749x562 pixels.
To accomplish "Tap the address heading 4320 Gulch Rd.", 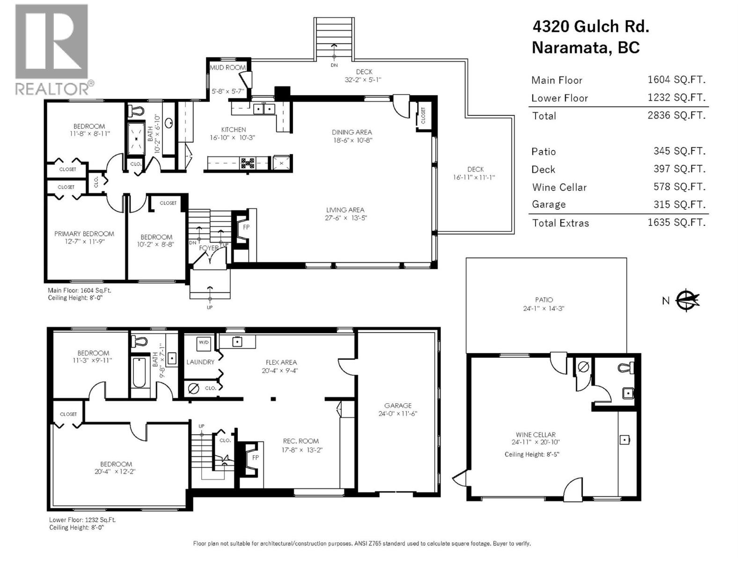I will click(590, 26).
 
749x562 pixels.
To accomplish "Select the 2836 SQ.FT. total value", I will click(676, 115).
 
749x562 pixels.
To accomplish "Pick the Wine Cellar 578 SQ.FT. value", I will click(679, 187).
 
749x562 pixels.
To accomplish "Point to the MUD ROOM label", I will click(228, 67).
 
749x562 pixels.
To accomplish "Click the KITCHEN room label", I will click(233, 130).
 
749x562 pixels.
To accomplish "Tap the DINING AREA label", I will click(352, 133).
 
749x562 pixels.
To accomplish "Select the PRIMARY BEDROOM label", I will click(84, 234).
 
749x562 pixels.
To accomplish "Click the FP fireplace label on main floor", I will click(246, 227).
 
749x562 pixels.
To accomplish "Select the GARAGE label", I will click(398, 406).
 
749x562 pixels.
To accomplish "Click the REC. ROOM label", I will click(301, 441).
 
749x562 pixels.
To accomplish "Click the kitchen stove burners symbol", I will click(247, 163).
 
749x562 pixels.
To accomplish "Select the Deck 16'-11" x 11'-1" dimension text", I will click(474, 177).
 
